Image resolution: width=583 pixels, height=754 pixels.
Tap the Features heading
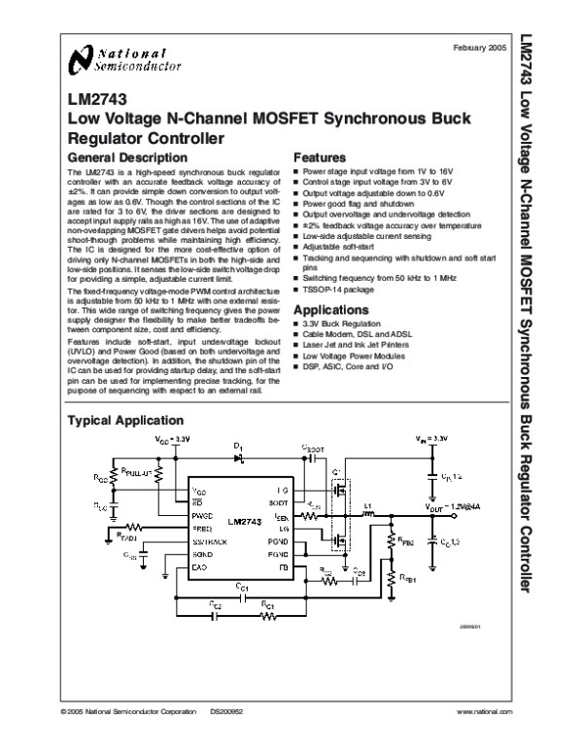320,156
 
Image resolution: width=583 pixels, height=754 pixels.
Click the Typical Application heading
123,421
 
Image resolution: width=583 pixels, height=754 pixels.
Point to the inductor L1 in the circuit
369,507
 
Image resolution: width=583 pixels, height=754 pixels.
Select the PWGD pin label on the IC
201,516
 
